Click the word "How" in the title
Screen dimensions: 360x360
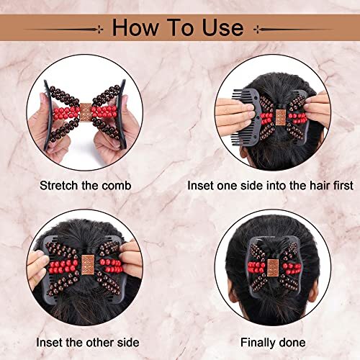135,27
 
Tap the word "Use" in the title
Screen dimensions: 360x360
222,27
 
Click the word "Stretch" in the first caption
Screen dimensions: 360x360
59,186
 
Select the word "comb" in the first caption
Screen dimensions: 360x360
117,186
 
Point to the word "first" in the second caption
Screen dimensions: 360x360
343,186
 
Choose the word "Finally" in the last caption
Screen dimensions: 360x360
258,343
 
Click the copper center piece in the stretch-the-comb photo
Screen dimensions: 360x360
85,112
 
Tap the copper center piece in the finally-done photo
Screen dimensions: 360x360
273,266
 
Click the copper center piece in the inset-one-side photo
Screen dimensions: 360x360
280,117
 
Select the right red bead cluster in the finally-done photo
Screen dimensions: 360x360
292,267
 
